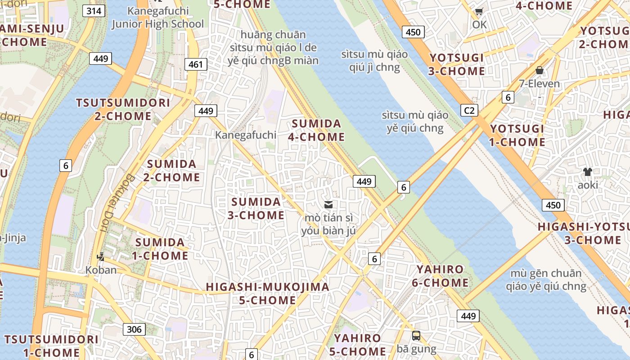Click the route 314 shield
(x=94, y=11)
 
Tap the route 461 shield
(x=196, y=64)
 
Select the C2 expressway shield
(x=469, y=110)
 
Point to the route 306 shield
(x=134, y=329)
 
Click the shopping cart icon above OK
(x=479, y=12)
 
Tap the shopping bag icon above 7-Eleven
(x=539, y=70)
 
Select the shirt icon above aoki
(x=587, y=171)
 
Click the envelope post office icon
(x=328, y=205)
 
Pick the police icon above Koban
(x=101, y=257)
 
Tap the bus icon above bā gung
(x=416, y=335)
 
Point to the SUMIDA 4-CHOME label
(x=318, y=130)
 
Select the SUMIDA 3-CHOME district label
(x=256, y=208)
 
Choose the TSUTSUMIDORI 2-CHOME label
(x=123, y=109)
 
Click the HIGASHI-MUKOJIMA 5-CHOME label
(x=267, y=293)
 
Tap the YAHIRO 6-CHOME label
(x=440, y=276)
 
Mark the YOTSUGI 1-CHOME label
(x=517, y=135)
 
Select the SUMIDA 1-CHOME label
(x=161, y=249)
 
